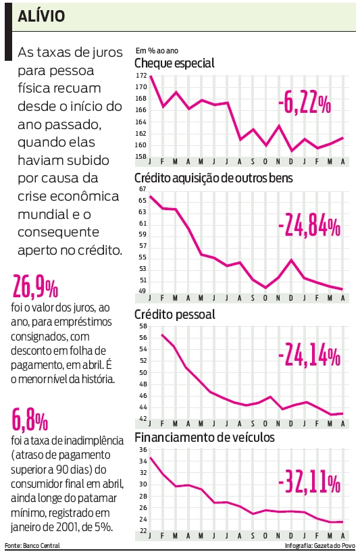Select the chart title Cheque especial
pyautogui.click(x=175, y=64)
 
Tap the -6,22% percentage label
pyautogui.click(x=304, y=104)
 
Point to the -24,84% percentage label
pyautogui.click(x=308, y=228)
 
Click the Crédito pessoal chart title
pyautogui.click(x=175, y=315)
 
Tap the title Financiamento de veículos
pyautogui.click(x=205, y=437)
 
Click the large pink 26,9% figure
pyautogui.click(x=35, y=288)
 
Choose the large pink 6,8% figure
pyautogui.click(x=30, y=421)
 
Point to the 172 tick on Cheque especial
pyautogui.click(x=140, y=75)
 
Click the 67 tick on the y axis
pyautogui.click(x=143, y=188)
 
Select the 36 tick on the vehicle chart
pyautogui.click(x=143, y=449)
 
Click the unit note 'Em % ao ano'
pyautogui.click(x=156, y=51)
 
